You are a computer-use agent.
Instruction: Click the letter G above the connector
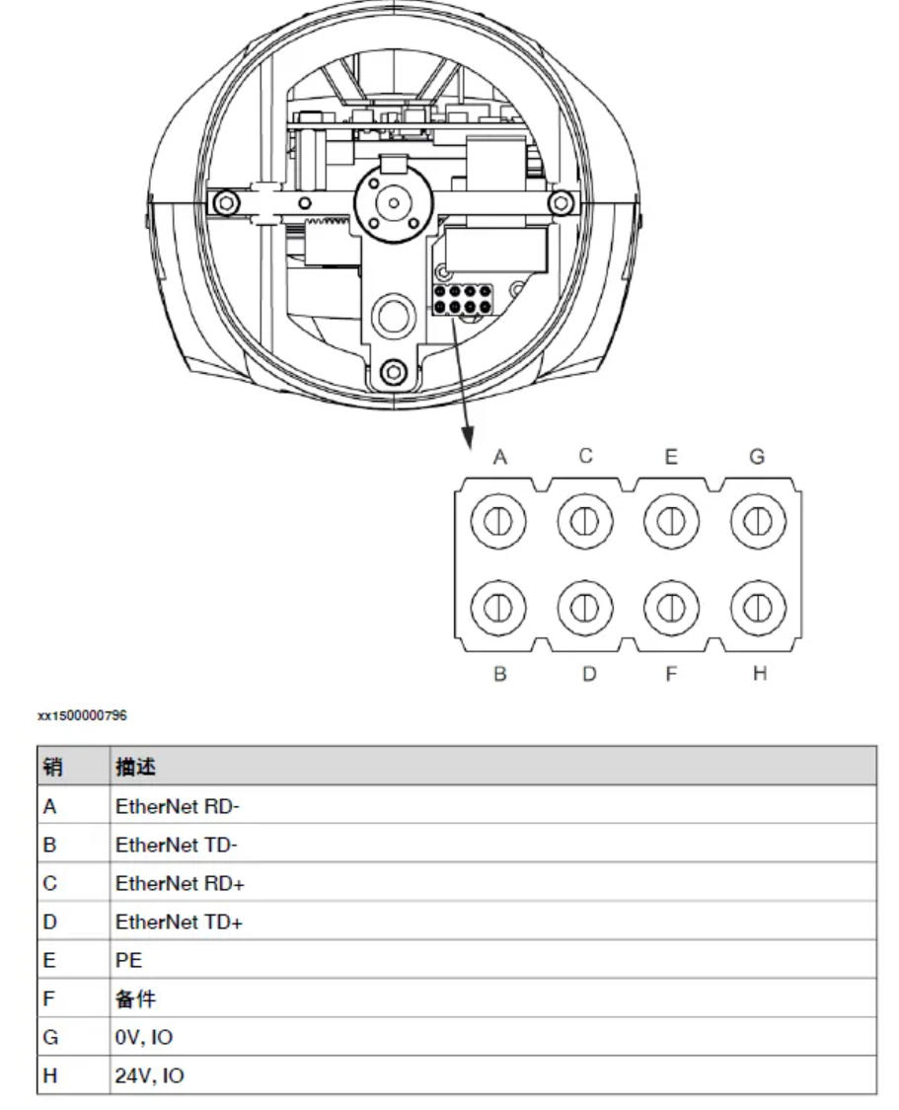(x=757, y=457)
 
